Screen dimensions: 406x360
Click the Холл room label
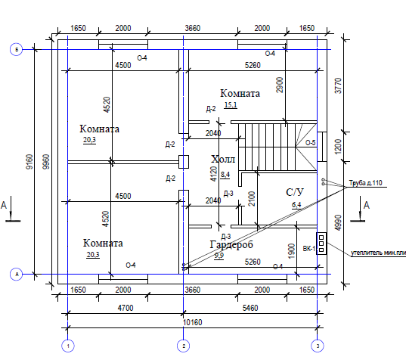(x=223, y=159)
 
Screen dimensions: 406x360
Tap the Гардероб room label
(x=231, y=245)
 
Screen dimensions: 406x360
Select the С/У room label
(x=295, y=192)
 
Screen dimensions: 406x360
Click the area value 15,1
(x=231, y=105)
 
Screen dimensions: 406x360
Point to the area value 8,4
(x=225, y=175)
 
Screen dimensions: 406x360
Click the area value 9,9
(x=219, y=256)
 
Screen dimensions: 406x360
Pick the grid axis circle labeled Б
(x=17, y=49)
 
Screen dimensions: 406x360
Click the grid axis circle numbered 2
(x=183, y=346)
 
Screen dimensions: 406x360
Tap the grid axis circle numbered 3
(x=318, y=346)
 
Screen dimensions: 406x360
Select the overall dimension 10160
(x=192, y=322)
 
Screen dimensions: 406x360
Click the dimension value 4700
(x=126, y=308)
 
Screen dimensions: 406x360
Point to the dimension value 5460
(x=250, y=308)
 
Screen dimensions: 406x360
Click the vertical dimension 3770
(x=338, y=85)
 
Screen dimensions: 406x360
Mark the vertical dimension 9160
(x=30, y=162)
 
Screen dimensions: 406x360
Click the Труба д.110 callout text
(x=365, y=183)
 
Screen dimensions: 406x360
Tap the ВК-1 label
(x=309, y=249)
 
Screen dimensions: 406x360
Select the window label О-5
(x=311, y=143)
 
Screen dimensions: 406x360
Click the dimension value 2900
(x=280, y=85)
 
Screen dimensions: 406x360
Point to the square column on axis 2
(x=184, y=162)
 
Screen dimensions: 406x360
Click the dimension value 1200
(x=338, y=146)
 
